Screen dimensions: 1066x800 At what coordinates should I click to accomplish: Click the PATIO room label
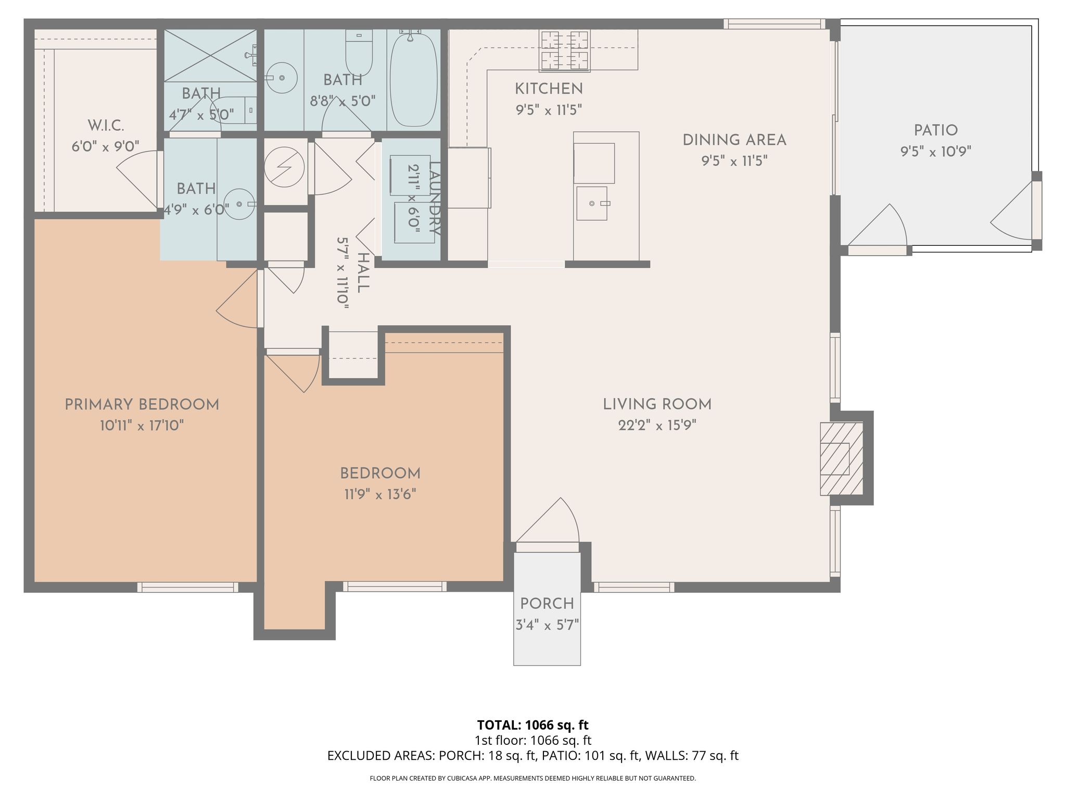tap(935, 130)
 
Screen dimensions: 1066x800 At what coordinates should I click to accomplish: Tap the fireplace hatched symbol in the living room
tap(841, 459)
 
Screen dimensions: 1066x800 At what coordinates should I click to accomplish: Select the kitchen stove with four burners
tap(565, 51)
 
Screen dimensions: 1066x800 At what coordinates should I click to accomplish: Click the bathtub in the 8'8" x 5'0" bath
tap(414, 80)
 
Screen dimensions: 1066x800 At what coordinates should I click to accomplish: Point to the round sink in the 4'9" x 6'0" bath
tap(239, 204)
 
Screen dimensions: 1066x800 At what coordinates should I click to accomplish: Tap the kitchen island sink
tap(592, 203)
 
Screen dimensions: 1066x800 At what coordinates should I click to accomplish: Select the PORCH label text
tap(547, 604)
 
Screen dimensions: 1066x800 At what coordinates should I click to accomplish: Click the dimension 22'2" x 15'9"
tap(657, 426)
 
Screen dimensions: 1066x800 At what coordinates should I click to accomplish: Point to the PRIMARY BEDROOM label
tap(142, 405)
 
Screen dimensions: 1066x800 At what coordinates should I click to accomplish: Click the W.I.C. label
tap(106, 126)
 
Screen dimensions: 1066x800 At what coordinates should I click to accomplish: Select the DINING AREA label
tap(734, 140)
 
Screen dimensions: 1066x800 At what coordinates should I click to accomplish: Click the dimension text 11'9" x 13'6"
tap(380, 494)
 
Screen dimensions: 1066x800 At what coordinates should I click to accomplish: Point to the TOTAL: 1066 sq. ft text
tap(532, 725)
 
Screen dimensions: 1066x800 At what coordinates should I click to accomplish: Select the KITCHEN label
tap(549, 89)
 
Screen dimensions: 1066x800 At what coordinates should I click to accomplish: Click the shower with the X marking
tap(210, 55)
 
